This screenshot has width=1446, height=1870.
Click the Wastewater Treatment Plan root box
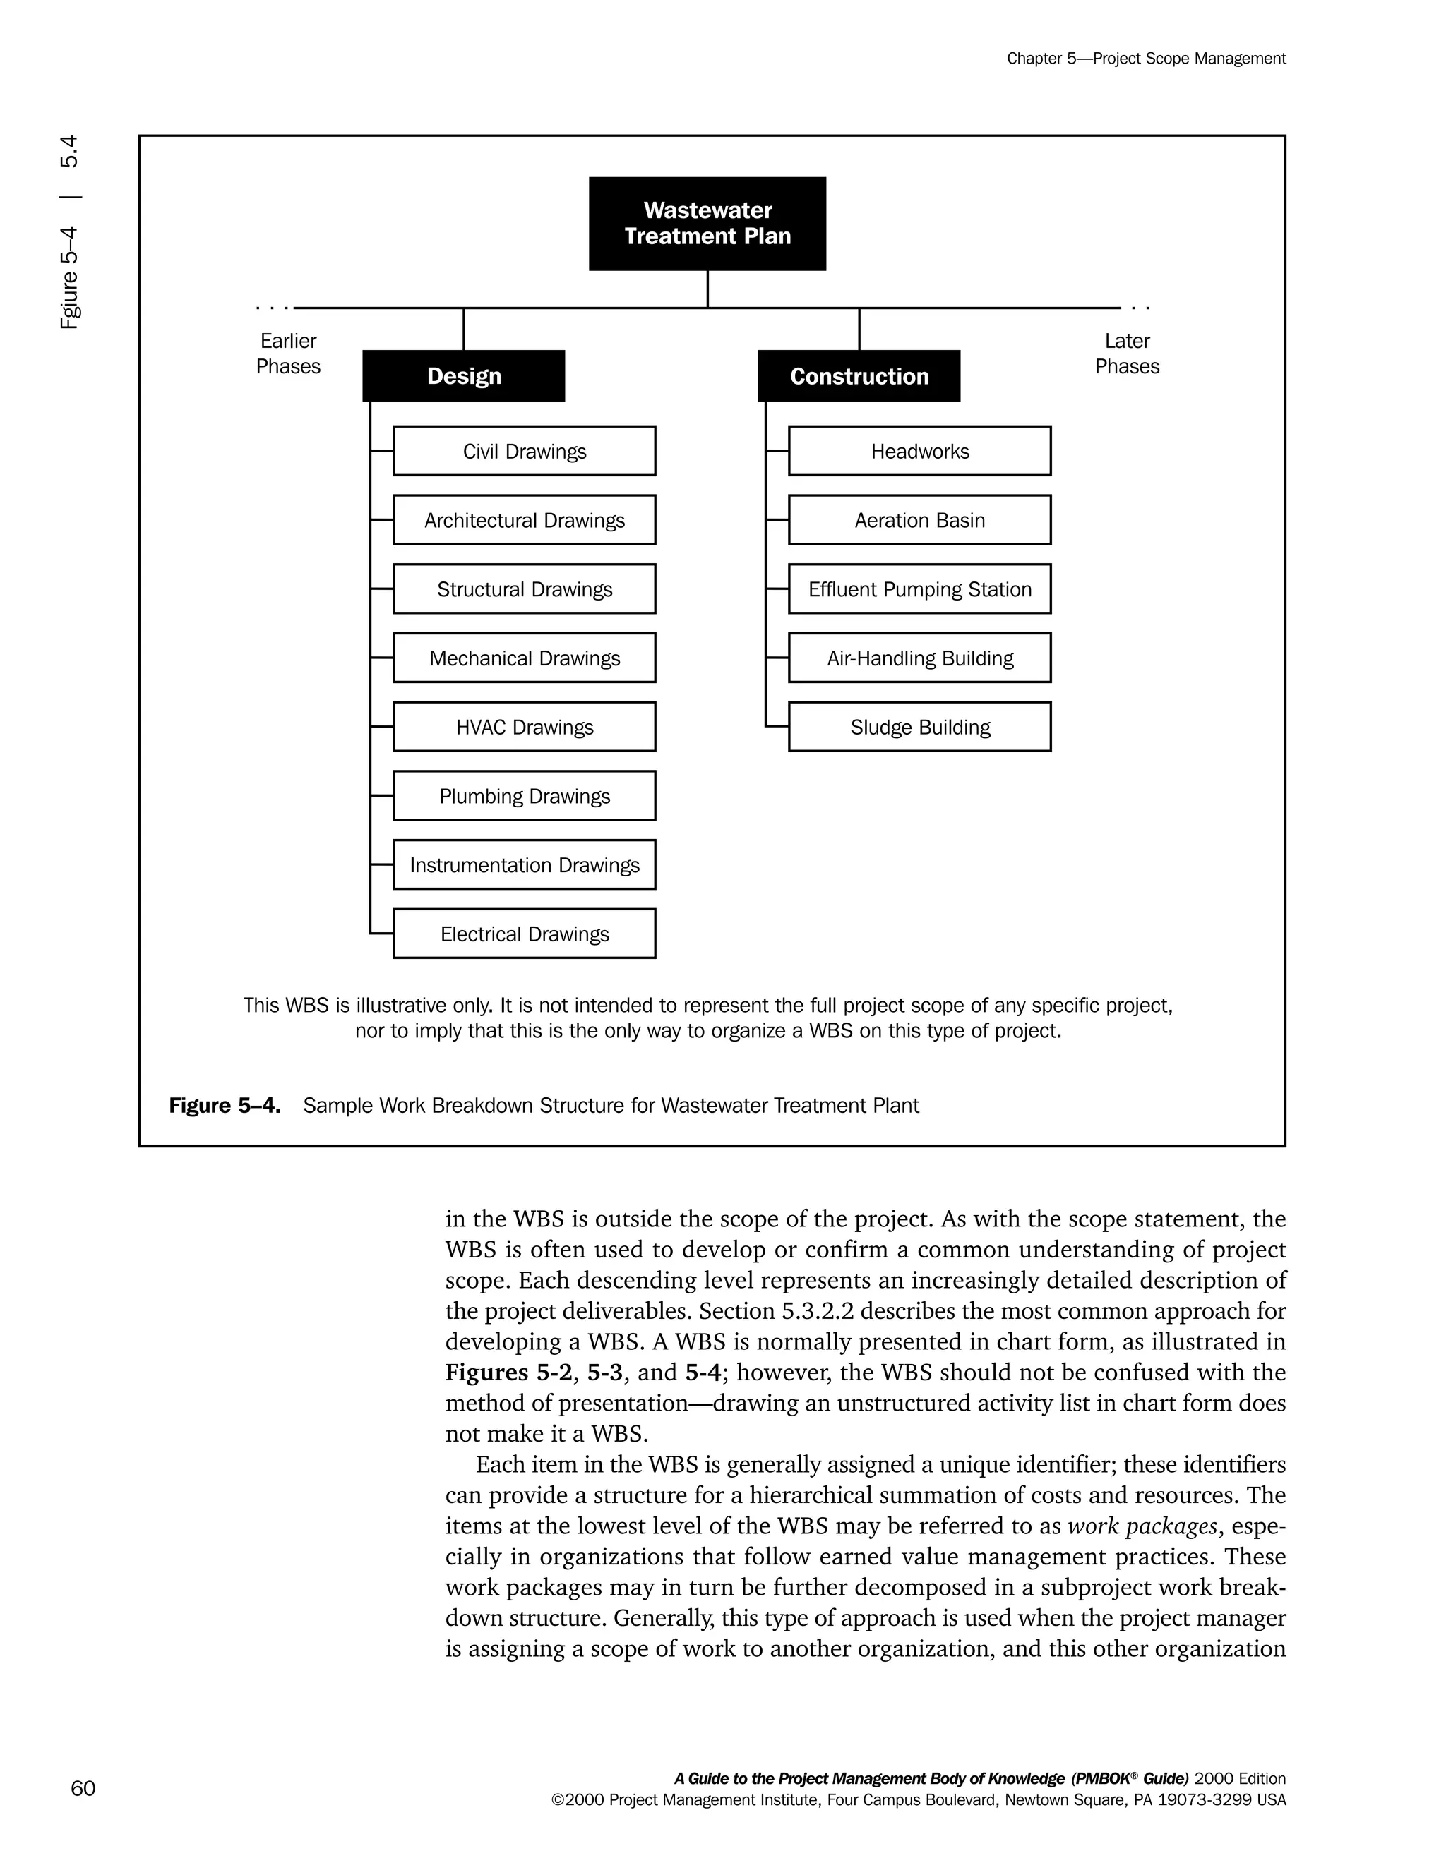(x=707, y=224)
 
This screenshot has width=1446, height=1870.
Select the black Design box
(x=463, y=376)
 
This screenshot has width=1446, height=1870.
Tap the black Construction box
(x=859, y=376)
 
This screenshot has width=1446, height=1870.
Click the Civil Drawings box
(x=525, y=451)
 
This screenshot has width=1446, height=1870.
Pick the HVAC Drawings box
(x=525, y=727)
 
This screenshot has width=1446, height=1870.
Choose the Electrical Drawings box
(x=525, y=934)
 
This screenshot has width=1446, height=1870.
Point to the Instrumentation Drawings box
(x=525, y=865)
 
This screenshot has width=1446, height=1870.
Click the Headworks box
(x=919, y=451)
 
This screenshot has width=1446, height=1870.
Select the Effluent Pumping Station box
(x=919, y=589)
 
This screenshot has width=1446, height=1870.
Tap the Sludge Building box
(x=919, y=727)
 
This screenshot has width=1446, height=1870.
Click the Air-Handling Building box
(x=919, y=658)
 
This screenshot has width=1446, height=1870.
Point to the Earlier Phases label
(x=288, y=354)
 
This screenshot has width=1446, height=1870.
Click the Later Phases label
(x=1126, y=354)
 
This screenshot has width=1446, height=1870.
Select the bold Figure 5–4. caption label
(x=225, y=1105)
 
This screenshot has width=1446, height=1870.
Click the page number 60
(x=83, y=1788)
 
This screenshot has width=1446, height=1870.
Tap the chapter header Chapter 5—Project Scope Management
(x=1145, y=59)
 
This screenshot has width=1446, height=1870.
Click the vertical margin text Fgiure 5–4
(x=69, y=278)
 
